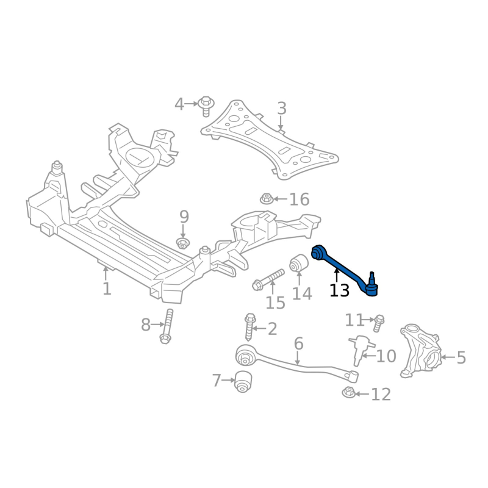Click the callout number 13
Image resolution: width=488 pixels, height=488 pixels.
coord(339,291)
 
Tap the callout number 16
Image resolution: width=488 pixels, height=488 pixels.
coord(299,199)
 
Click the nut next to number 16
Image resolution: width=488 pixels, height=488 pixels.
coord(266,198)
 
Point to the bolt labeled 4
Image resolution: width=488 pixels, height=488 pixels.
coord(206,105)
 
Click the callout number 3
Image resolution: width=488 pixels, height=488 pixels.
coord(281,109)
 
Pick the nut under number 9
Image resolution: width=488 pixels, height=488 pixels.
coord(182,244)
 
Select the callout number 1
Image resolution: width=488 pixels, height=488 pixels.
coord(107,288)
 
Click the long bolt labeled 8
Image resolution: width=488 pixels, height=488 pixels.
coord(167,326)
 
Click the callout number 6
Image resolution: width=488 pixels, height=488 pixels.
coord(298,343)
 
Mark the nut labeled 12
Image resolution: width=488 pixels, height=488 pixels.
coord(348,393)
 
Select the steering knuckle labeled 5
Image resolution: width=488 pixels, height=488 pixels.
coord(420,351)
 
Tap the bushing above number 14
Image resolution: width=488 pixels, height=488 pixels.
coord(299,263)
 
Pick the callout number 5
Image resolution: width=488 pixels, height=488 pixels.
coord(461,357)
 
